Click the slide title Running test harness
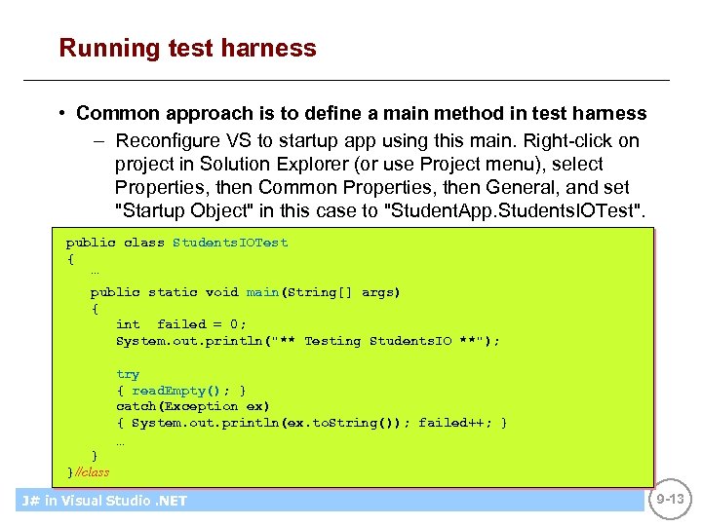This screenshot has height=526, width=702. [187, 48]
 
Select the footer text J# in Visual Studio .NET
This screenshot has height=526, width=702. [103, 501]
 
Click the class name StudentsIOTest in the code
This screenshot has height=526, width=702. [230, 243]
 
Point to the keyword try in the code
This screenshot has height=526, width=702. [128, 374]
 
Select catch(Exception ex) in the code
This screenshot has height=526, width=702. [193, 406]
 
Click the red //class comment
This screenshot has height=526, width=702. [91, 472]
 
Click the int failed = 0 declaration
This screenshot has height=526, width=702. [181, 324]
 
